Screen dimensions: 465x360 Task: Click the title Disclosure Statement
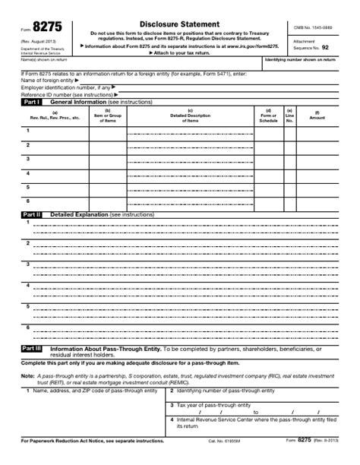(180, 24)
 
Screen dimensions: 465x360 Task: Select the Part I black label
(32, 101)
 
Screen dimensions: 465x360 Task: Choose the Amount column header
(317, 118)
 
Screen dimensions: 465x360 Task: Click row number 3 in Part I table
(27, 158)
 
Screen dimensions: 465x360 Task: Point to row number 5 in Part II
(27, 306)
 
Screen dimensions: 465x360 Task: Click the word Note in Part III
(27, 375)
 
